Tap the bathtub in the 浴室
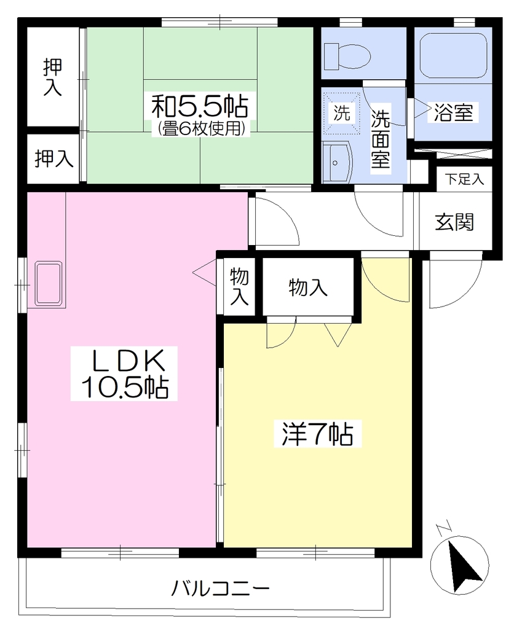453,55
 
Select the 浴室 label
453,112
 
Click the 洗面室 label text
380,138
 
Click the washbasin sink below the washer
338,162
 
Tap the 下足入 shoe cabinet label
464,179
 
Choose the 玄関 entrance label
454,222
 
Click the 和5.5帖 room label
200,106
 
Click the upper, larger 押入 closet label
53,77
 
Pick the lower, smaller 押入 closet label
54,158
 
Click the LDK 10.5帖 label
124,373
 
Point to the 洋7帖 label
317,434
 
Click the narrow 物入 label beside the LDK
239,286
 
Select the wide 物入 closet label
308,287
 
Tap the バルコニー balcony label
221,589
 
